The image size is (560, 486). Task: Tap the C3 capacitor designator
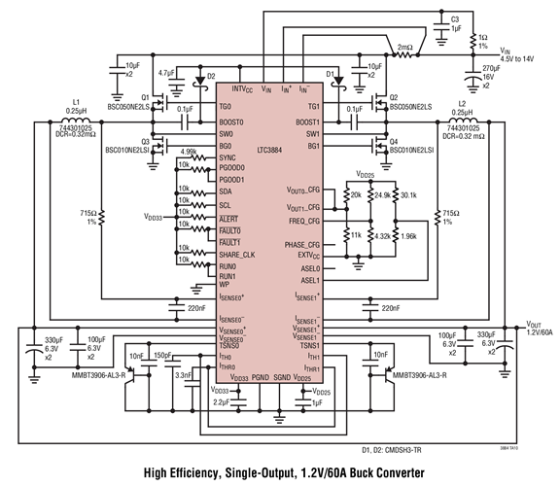[x=454, y=18]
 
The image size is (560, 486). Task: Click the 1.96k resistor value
[x=408, y=236]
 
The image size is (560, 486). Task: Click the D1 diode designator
[x=331, y=72]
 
